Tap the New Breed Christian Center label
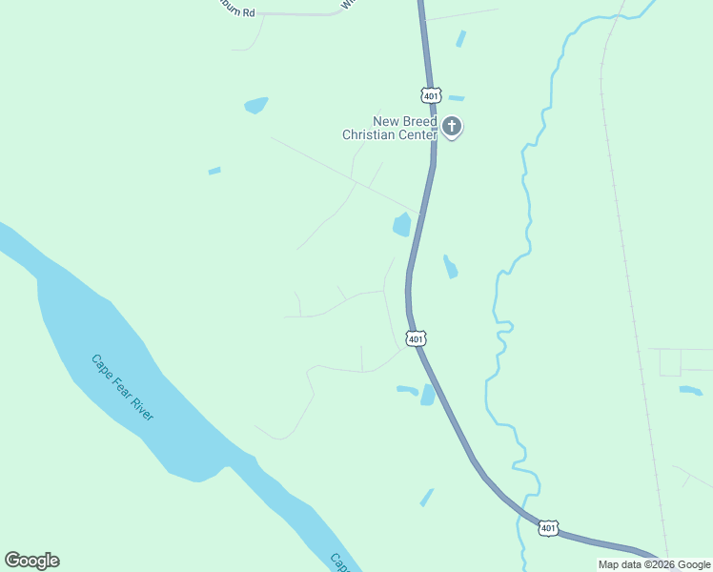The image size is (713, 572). pos(392,128)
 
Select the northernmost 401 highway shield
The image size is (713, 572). pos(431,95)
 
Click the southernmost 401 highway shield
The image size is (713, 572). pos(547,527)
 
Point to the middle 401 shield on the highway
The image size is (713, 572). pos(415,338)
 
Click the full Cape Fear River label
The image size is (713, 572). pos(122,388)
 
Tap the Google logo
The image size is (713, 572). pos(31,561)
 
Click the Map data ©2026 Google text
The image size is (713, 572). pos(653,564)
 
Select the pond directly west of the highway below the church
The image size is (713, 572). pos(401,225)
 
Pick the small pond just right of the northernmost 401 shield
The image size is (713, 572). pos(456,97)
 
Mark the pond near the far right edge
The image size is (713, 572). pos(690,390)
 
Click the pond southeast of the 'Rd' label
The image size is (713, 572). pos(255,105)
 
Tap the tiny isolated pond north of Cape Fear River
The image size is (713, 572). pos(214,171)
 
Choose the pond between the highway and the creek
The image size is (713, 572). pos(450,267)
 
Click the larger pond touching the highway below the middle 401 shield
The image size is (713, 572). pos(428,395)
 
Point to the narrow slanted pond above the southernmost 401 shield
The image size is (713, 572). pos(426,497)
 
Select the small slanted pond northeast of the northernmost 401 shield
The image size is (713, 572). pos(461,39)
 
